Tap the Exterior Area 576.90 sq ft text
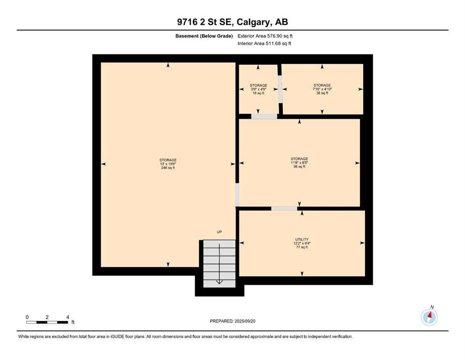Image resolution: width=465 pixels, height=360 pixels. [x=265, y=36]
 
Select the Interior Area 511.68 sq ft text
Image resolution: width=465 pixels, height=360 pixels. [x=264, y=43]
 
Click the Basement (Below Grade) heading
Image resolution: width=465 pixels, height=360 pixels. [x=204, y=36]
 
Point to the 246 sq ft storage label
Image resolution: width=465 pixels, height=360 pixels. [x=168, y=164]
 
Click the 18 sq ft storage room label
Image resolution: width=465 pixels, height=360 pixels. [x=258, y=89]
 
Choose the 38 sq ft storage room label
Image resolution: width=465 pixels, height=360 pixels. [x=322, y=89]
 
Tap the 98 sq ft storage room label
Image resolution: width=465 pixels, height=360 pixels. [x=299, y=163]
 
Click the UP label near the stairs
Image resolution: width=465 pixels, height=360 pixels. [x=219, y=232]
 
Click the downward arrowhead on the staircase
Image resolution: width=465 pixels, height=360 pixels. [x=219, y=281]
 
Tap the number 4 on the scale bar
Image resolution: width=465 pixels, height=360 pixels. [x=67, y=317]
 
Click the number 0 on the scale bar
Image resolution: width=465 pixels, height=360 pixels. [x=27, y=317]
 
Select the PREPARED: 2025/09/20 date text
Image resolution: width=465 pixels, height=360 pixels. [x=232, y=321]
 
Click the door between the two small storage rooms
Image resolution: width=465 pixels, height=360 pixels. [x=280, y=90]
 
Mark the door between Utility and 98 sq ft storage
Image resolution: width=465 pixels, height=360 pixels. [x=284, y=209]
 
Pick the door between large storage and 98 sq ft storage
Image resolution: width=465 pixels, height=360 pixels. [x=237, y=195]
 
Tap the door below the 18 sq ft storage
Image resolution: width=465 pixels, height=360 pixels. [x=264, y=117]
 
